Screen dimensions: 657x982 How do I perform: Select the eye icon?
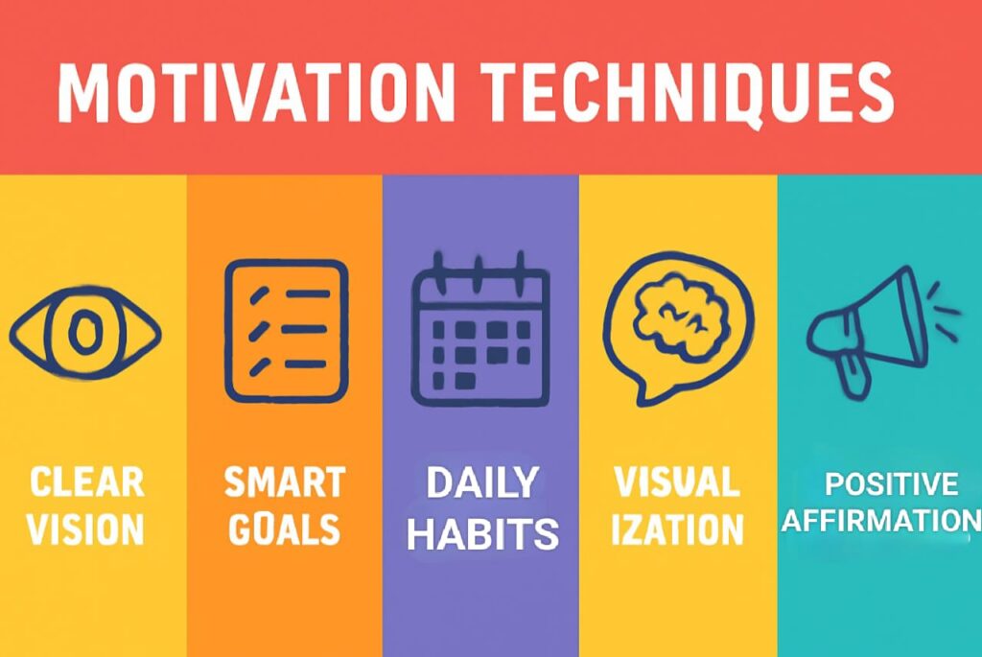click(x=85, y=332)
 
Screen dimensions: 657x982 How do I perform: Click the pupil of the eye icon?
click(x=85, y=332)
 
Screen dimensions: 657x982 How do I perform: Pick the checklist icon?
click(x=285, y=329)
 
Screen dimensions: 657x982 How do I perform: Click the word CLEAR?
click(x=87, y=482)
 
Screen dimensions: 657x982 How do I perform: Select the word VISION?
click(x=86, y=528)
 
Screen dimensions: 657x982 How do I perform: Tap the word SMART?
click(x=285, y=482)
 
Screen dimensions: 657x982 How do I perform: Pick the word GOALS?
click(x=285, y=528)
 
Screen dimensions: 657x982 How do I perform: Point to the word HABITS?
click(x=482, y=533)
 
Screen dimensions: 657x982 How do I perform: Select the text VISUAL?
click(x=677, y=482)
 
